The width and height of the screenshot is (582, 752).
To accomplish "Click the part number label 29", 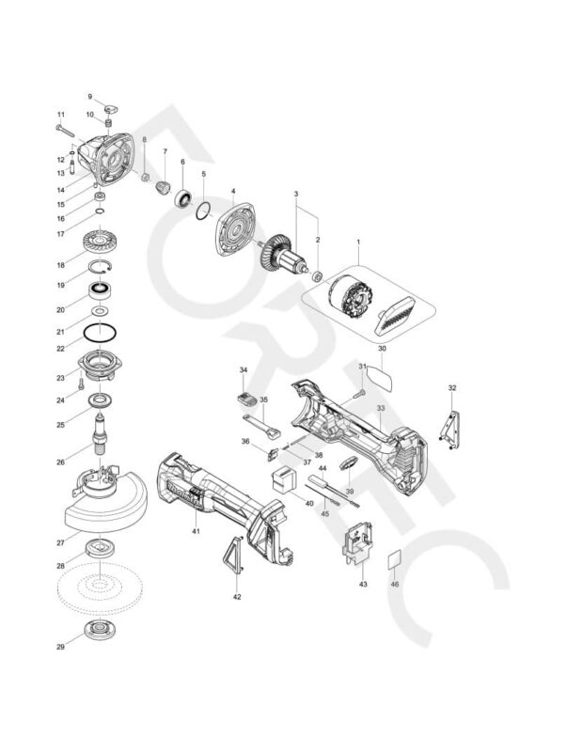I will (x=60, y=647).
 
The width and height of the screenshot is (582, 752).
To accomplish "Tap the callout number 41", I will (x=197, y=532).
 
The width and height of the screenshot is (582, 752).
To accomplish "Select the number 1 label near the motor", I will (x=357, y=243).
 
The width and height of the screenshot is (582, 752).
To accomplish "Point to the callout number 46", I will (x=395, y=584).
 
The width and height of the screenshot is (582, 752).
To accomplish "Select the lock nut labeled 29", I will (x=99, y=631).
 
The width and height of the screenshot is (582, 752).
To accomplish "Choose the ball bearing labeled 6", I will (x=182, y=199).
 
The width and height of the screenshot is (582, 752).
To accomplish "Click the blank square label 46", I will (x=395, y=561).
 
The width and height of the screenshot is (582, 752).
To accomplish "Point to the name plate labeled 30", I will (x=382, y=373).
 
